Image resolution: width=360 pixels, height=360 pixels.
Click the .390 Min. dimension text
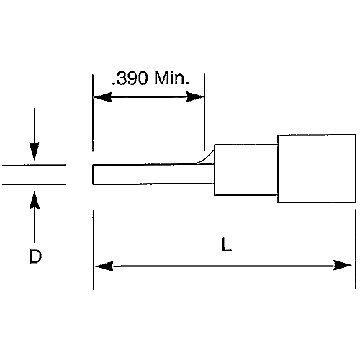click(x=150, y=78)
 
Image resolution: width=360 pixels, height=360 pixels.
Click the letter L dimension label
click(x=226, y=246)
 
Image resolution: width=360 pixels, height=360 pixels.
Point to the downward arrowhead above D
click(x=34, y=153)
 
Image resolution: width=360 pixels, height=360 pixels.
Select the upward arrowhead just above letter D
click(x=34, y=194)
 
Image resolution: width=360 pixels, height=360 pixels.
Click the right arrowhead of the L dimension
click(x=346, y=266)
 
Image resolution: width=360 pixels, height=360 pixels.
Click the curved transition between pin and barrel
click(x=208, y=155)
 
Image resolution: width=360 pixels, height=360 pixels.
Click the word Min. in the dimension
click(x=173, y=78)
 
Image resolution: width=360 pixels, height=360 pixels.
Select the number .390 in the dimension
click(x=130, y=78)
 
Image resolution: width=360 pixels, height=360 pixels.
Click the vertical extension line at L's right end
click(x=355, y=245)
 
